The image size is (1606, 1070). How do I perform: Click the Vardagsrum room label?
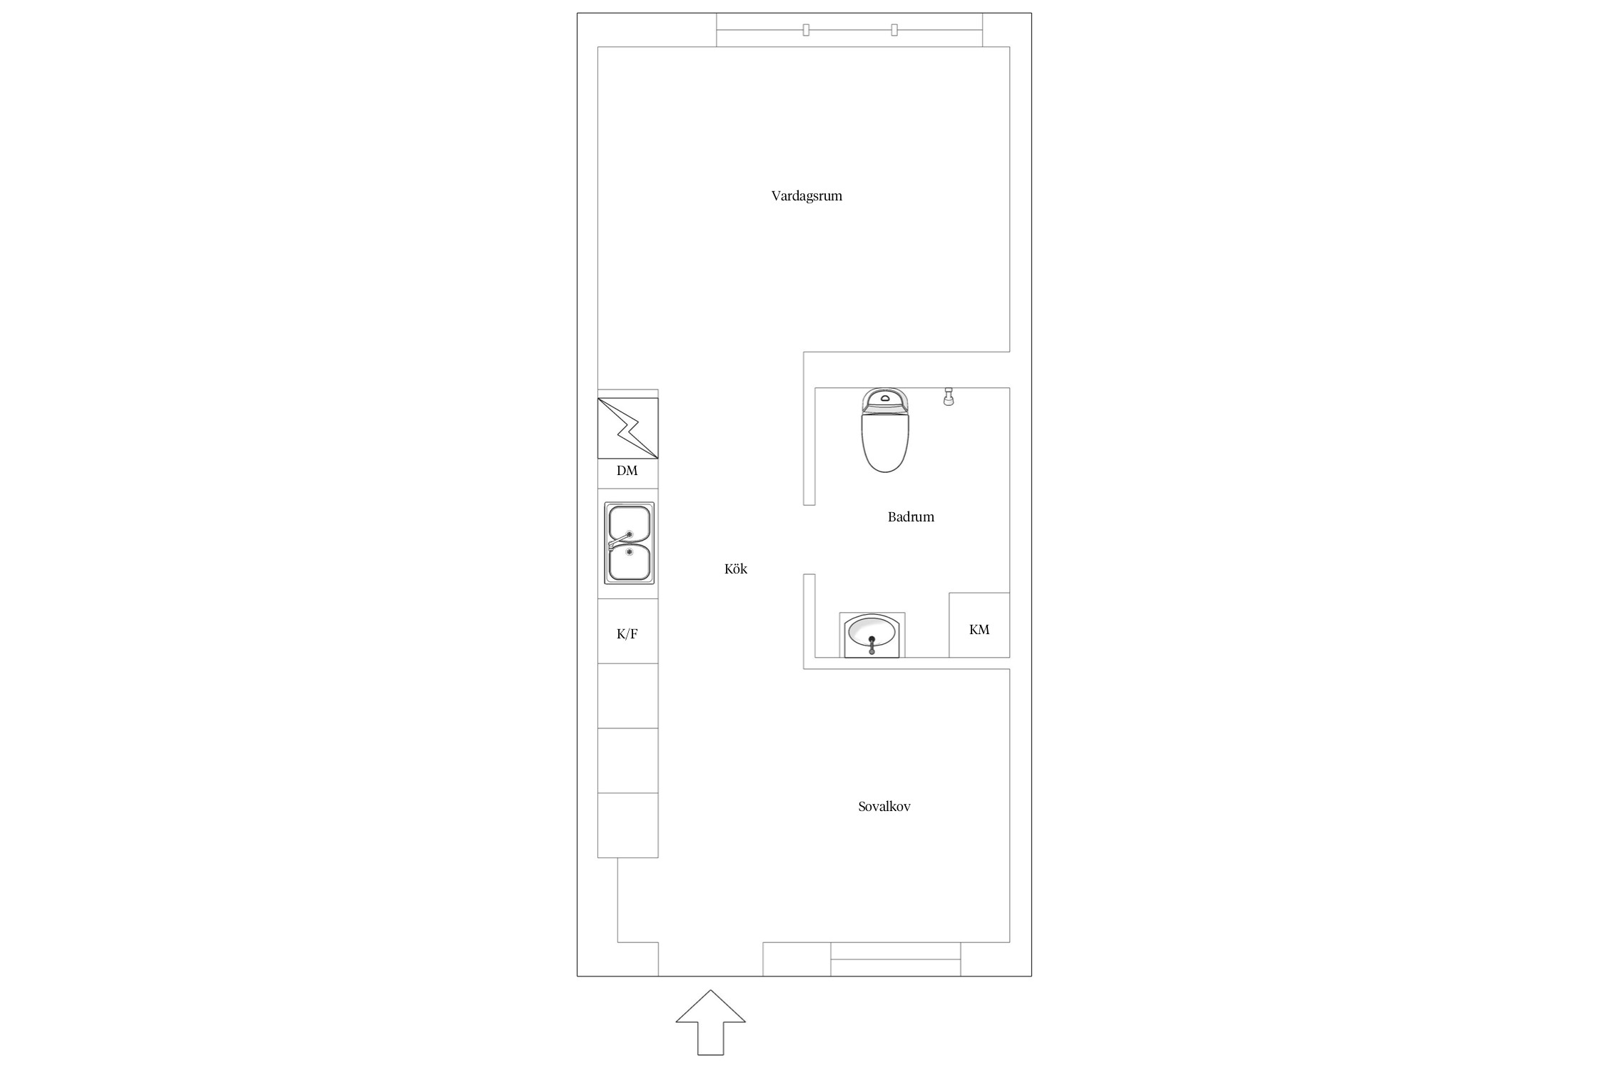click(807, 196)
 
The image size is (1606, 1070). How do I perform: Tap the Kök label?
click(736, 569)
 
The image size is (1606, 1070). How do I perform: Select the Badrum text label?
click(911, 516)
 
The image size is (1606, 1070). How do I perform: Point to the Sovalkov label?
click(884, 807)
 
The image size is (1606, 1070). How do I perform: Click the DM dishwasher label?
click(627, 471)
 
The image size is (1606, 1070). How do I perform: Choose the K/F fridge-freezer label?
click(627, 633)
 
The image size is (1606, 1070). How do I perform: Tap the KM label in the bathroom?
click(979, 629)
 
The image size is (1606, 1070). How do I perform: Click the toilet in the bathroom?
click(885, 429)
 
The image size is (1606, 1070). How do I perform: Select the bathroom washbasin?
click(872, 635)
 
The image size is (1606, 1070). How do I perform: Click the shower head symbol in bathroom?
click(949, 397)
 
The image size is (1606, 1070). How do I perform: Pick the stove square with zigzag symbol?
click(627, 428)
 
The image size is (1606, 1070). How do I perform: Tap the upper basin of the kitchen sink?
click(628, 524)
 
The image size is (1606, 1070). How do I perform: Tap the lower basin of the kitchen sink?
click(628, 563)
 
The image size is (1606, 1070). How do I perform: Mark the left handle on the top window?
click(806, 29)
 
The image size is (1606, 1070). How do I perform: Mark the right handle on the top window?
click(894, 29)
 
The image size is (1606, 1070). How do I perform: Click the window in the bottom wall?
click(895, 959)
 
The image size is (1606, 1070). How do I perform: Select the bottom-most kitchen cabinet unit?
click(627, 825)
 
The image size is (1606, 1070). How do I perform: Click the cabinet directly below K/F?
click(627, 695)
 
